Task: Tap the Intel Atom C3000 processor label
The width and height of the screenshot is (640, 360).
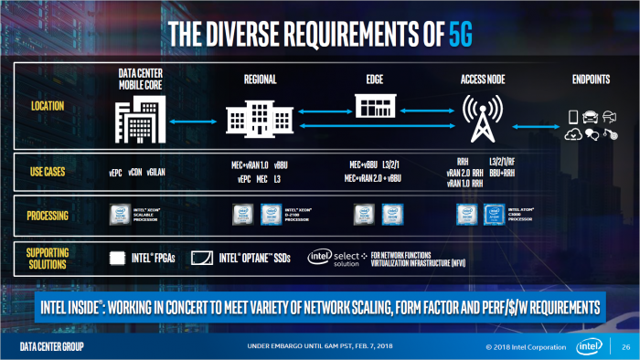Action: click(522, 216)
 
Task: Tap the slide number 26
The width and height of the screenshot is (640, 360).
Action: click(624, 346)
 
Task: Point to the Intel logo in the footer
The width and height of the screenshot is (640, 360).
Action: click(589, 346)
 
